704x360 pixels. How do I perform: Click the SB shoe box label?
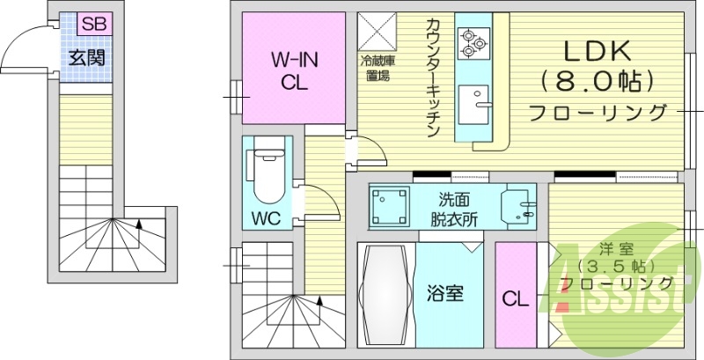pyautogui.click(x=94, y=25)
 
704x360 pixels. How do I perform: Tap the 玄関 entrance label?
pyautogui.click(x=87, y=57)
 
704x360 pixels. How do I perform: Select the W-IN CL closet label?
pyautogui.click(x=293, y=72)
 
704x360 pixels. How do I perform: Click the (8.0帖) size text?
pyautogui.click(x=598, y=82)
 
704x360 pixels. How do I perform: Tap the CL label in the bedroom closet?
pyautogui.click(x=515, y=298)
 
